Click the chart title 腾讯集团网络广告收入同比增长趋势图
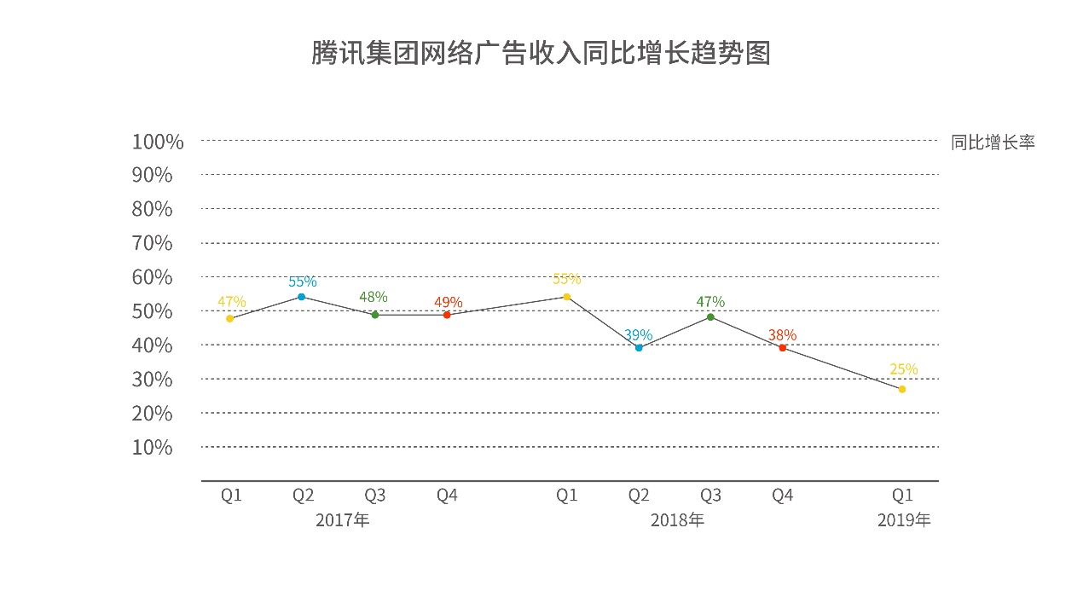click(541, 53)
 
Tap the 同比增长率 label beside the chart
click(993, 142)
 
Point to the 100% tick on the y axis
click(158, 142)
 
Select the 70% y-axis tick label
click(152, 243)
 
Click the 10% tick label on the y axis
click(152, 447)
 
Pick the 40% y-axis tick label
click(152, 345)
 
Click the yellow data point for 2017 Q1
click(230, 319)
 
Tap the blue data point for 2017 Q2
click(301, 297)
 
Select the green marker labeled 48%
click(374, 315)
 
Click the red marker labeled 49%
click(447, 315)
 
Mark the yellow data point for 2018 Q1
click(566, 297)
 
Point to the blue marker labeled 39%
click(639, 348)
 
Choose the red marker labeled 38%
click(782, 348)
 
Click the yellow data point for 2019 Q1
click(902, 389)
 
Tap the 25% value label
click(904, 369)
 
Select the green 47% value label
click(710, 301)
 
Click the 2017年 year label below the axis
click(342, 520)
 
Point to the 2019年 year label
click(904, 520)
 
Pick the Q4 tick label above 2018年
click(782, 495)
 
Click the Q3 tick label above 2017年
click(374, 495)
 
